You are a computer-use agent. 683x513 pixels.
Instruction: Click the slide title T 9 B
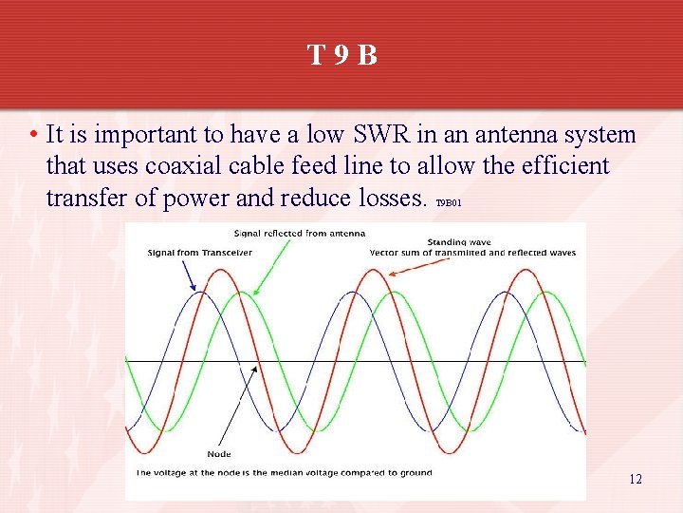pos(341,55)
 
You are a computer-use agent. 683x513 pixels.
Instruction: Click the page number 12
pos(636,479)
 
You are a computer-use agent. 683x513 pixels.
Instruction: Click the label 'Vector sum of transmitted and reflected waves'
pos(472,253)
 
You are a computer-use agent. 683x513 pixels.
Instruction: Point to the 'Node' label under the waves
pos(218,453)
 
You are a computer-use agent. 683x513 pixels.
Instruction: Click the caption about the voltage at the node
pos(284,472)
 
